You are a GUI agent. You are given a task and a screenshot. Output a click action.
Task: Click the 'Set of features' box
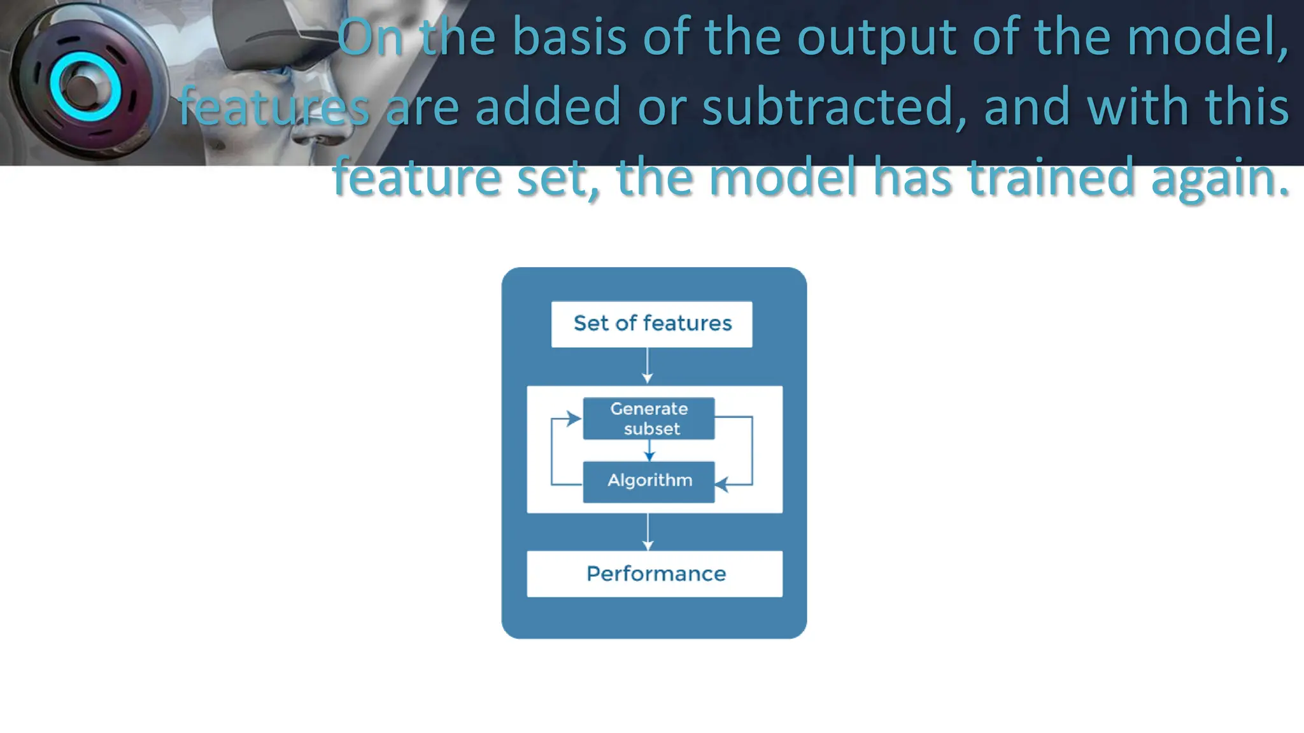[651, 324]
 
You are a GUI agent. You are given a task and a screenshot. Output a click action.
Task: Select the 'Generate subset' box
[649, 419]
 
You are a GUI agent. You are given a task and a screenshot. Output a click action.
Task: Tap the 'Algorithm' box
[649, 482]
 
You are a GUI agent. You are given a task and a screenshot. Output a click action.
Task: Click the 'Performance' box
[655, 574]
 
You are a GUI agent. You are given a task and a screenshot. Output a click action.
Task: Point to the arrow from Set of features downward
[648, 366]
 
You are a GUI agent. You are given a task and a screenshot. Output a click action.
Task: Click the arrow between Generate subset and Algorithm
[649, 450]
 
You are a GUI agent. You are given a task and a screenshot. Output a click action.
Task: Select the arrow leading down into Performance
[648, 532]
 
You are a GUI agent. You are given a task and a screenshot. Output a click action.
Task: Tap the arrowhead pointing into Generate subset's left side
[574, 418]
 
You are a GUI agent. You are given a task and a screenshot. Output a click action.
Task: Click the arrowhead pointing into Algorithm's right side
[722, 485]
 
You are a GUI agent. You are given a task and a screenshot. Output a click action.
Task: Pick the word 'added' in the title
[548, 107]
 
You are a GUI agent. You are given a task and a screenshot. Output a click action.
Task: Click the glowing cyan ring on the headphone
[85, 88]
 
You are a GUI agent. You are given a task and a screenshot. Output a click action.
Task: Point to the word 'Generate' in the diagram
[649, 408]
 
